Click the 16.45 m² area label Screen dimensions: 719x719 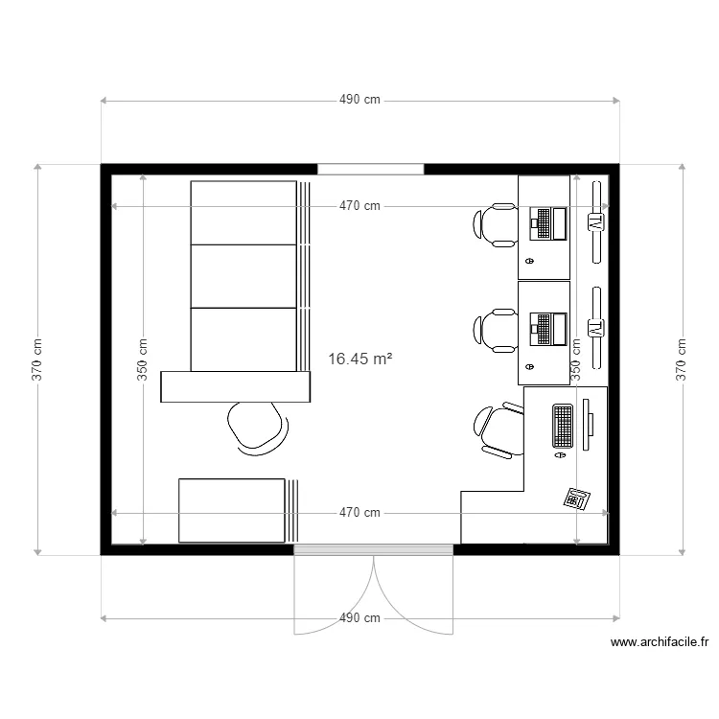(x=360, y=359)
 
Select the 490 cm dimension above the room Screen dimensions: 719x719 (x=359, y=100)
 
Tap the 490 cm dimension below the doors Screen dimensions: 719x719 (x=359, y=618)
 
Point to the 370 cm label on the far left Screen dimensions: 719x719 (x=37, y=359)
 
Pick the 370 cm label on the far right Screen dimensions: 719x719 (x=681, y=359)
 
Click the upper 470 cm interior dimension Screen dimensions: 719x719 (x=359, y=205)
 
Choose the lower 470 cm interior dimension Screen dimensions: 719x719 (x=359, y=513)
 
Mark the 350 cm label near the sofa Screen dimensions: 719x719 (x=143, y=359)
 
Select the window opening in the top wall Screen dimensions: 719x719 (x=370, y=169)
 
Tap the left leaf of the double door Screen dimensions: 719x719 (x=331, y=594)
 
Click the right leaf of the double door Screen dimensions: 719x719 (x=414, y=594)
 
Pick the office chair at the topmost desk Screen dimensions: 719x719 (x=495, y=224)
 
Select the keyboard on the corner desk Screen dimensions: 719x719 (x=562, y=427)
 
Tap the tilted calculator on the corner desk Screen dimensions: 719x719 (x=577, y=499)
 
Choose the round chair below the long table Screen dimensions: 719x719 (x=256, y=425)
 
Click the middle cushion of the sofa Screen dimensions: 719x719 (x=244, y=276)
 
